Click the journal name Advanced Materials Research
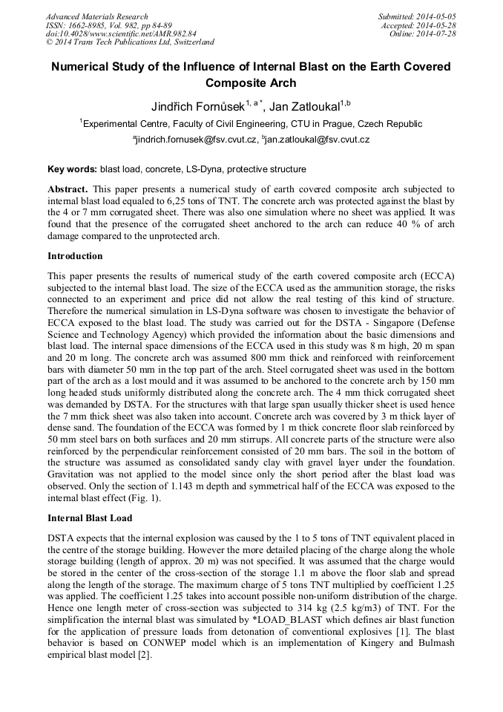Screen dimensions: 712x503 (x=96, y=16)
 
